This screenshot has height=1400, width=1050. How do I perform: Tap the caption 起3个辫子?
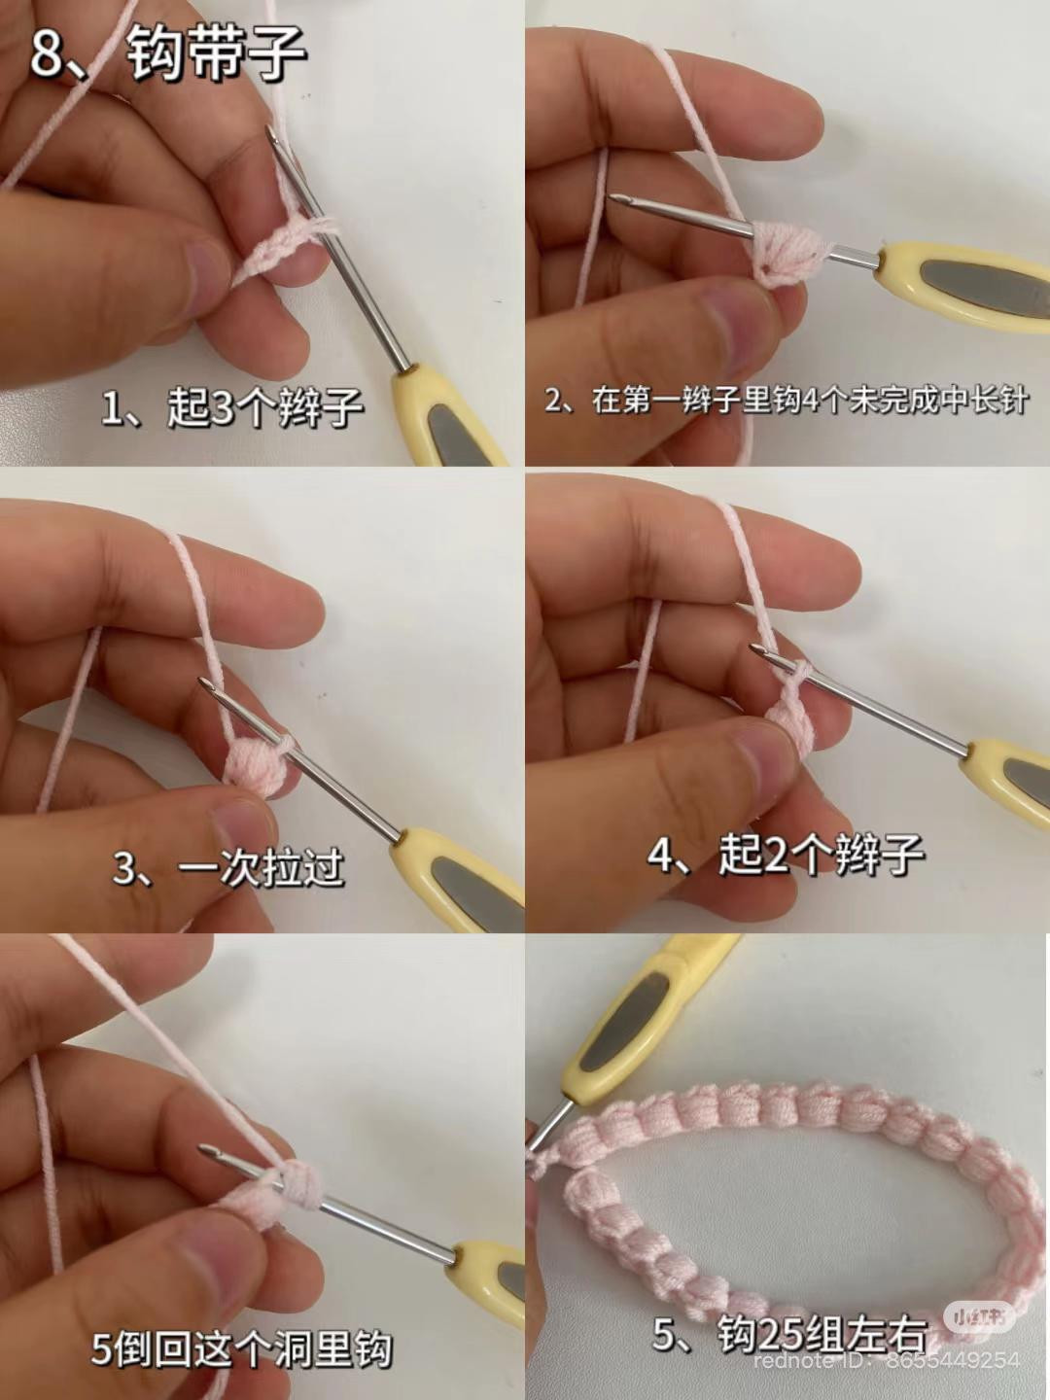[x=264, y=407]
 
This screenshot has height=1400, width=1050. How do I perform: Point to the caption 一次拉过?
[x=262, y=867]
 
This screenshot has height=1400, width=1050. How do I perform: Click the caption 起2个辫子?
[x=822, y=854]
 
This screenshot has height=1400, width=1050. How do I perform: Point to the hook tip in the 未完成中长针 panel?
[x=613, y=199]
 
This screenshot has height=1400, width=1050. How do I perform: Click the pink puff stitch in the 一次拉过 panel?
[x=253, y=765]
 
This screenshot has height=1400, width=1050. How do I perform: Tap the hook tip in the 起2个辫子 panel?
[x=754, y=648]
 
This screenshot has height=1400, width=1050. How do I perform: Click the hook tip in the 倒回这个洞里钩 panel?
[x=204, y=1149]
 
